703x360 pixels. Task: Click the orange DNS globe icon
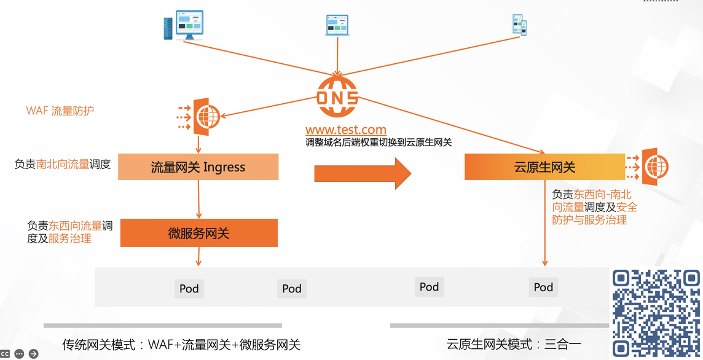[x=337, y=97]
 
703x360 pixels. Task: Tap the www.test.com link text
[x=346, y=130]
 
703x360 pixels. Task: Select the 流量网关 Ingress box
[x=198, y=166]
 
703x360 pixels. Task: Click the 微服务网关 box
[x=199, y=233]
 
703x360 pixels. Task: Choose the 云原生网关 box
[x=544, y=166]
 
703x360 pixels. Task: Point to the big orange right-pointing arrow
[x=363, y=173]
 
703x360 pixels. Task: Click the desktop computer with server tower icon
[x=183, y=25]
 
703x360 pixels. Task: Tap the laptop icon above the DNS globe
[x=337, y=26]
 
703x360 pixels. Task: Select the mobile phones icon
[x=520, y=25]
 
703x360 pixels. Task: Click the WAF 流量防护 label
[x=60, y=111]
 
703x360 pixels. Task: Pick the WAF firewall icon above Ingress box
[x=200, y=117]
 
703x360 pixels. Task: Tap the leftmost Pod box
[x=189, y=288]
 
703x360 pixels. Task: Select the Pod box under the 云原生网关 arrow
[x=543, y=287]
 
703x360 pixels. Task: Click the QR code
[x=656, y=313]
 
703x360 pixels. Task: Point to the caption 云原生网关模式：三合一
[x=514, y=344]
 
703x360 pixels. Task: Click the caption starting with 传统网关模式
[x=181, y=344]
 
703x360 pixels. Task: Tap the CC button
[x=5, y=354]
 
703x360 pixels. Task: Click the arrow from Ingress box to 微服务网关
[x=198, y=199]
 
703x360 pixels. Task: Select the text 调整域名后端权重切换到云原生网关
[x=379, y=143]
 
